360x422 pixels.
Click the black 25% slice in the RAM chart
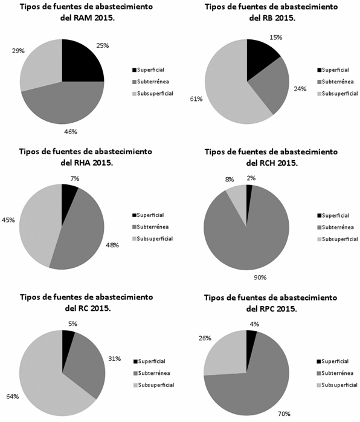81,62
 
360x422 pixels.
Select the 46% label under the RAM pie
71,132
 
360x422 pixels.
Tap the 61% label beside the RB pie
196,99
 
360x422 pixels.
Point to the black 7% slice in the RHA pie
68,199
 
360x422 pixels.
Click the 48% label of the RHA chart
112,245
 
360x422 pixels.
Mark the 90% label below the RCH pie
260,278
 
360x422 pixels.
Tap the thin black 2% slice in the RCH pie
249,199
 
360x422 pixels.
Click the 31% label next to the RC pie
114,359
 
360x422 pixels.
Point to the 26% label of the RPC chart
205,339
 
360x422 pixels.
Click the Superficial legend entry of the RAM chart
148,70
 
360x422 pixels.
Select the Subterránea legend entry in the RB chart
335,82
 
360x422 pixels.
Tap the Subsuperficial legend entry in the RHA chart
152,239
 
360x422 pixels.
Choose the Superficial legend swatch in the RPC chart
319,362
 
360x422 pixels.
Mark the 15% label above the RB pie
275,37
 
